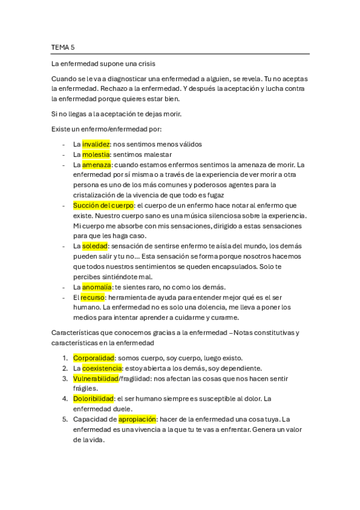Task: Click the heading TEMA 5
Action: pyautogui.click(x=63, y=46)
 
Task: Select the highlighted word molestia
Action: pyautogui.click(x=97, y=154)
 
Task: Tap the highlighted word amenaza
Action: pyautogui.click(x=97, y=164)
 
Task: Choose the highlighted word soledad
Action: pyautogui.click(x=95, y=246)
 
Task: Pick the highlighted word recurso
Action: pyautogui.click(x=93, y=297)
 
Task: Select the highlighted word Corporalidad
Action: pyautogui.click(x=93, y=358)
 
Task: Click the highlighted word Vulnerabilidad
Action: pyautogui.click(x=96, y=378)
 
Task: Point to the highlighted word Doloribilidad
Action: pyautogui.click(x=94, y=398)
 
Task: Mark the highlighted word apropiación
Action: pyautogui.click(x=138, y=419)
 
